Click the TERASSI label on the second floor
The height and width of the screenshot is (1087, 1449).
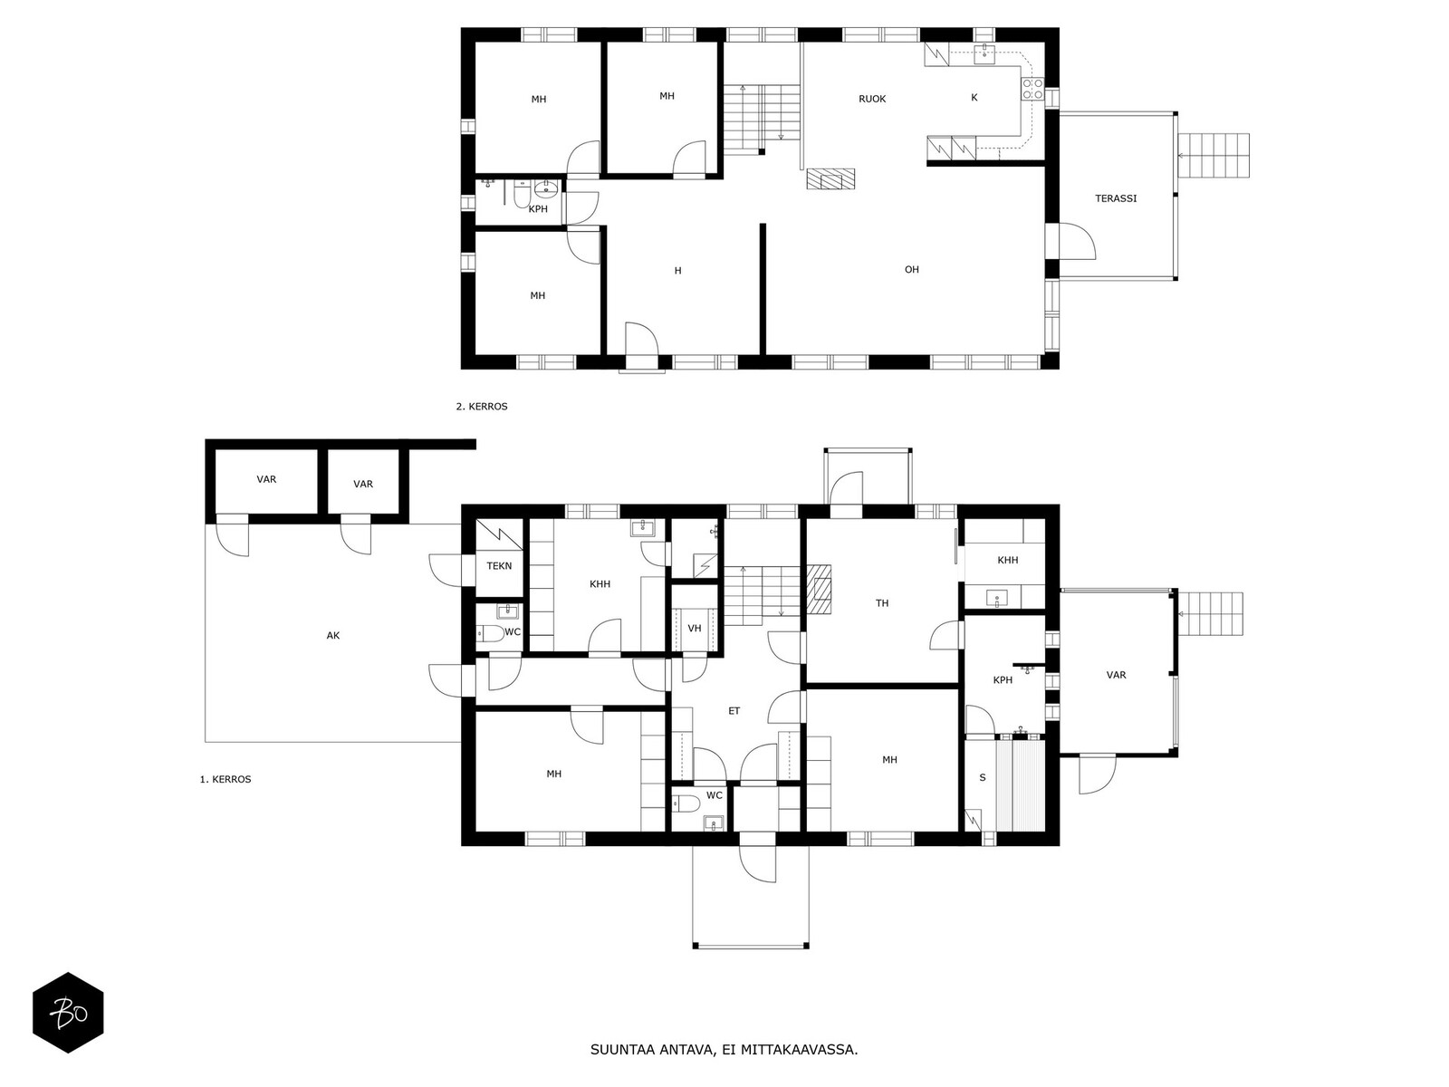1116,198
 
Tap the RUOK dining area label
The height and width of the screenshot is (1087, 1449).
872,99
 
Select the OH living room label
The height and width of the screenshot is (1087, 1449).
912,269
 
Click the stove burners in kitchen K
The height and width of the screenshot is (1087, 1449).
1032,89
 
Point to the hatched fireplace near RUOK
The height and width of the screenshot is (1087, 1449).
830,178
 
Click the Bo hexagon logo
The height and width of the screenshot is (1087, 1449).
69,1013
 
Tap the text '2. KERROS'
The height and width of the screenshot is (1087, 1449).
482,407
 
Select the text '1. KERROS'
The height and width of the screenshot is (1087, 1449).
226,779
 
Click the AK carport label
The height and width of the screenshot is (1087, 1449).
333,636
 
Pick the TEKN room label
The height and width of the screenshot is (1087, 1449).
499,566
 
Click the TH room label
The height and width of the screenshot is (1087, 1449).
882,603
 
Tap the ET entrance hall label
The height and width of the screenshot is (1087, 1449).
734,711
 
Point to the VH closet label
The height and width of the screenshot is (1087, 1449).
695,629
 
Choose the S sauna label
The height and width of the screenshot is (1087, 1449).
983,777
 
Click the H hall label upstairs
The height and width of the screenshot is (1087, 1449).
678,271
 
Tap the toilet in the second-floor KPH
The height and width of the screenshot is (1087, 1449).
523,195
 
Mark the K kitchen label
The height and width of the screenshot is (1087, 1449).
974,98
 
